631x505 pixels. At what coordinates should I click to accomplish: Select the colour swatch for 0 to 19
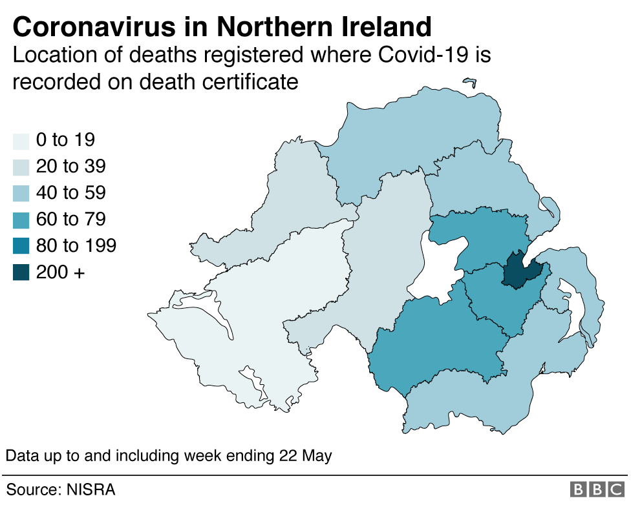[21, 140]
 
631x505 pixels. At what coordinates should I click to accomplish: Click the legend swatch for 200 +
[21, 273]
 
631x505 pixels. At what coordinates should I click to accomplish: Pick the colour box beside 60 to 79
[21, 220]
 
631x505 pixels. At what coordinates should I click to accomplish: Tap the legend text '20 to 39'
[70, 167]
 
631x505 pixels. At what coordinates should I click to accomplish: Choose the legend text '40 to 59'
[70, 193]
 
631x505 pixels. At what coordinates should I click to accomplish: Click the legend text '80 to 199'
[76, 246]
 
